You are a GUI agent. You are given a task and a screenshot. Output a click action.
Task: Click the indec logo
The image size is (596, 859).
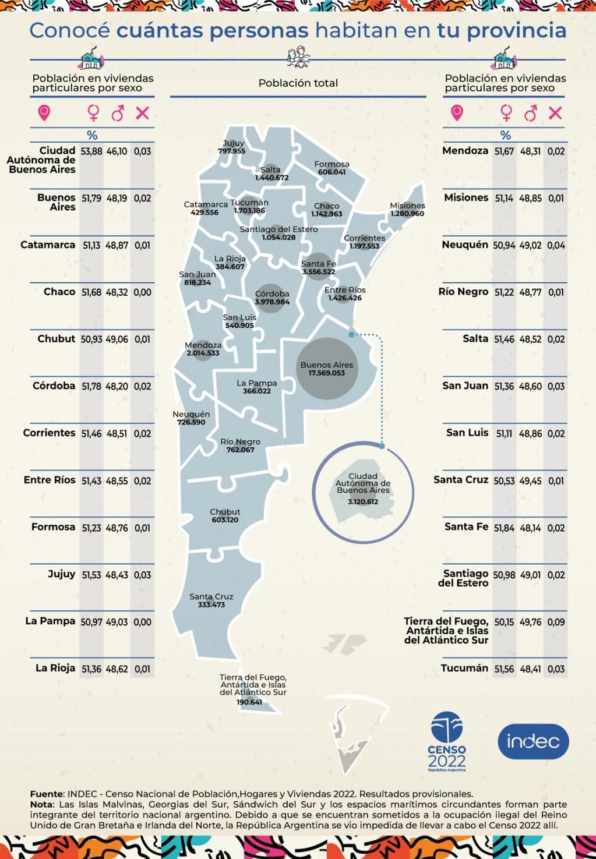click(533, 741)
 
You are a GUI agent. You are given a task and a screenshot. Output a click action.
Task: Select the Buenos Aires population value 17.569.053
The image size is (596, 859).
click(327, 373)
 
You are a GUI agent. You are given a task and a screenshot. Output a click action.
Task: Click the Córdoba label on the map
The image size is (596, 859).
click(272, 294)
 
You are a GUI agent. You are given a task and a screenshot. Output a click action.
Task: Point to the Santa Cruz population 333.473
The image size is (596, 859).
click(211, 605)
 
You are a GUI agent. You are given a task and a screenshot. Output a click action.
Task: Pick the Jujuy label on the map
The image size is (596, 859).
click(234, 143)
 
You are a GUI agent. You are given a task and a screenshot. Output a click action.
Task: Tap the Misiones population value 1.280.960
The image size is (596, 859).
click(407, 214)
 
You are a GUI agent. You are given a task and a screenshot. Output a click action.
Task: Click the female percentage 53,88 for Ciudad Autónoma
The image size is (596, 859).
click(91, 151)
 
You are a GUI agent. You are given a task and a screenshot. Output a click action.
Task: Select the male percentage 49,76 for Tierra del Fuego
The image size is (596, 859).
click(530, 623)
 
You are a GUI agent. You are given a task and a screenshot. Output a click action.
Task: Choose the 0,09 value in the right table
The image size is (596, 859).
click(556, 623)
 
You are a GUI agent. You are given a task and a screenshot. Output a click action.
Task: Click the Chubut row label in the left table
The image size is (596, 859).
click(57, 339)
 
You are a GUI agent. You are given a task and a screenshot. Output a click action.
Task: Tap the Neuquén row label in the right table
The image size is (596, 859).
click(465, 245)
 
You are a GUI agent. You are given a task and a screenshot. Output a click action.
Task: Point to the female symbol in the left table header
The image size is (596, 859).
click(93, 112)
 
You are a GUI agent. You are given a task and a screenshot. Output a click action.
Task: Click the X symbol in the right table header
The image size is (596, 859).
click(555, 112)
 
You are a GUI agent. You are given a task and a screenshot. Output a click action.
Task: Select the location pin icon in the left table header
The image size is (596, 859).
click(44, 112)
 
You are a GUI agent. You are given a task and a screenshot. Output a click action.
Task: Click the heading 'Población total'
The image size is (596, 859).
click(298, 83)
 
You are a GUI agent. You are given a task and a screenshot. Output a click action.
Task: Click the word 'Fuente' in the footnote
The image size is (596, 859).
click(47, 794)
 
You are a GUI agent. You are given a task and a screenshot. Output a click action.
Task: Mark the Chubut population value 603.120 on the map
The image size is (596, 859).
click(225, 520)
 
